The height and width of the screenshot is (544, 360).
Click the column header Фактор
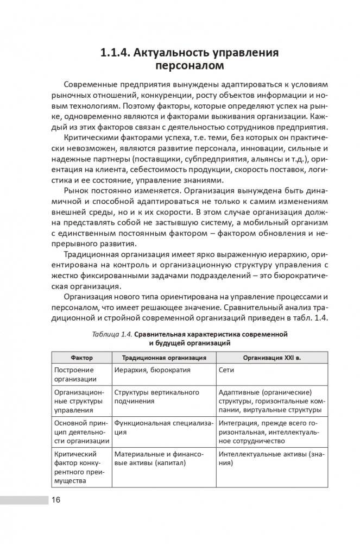81,358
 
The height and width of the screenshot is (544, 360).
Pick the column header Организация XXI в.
266,358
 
